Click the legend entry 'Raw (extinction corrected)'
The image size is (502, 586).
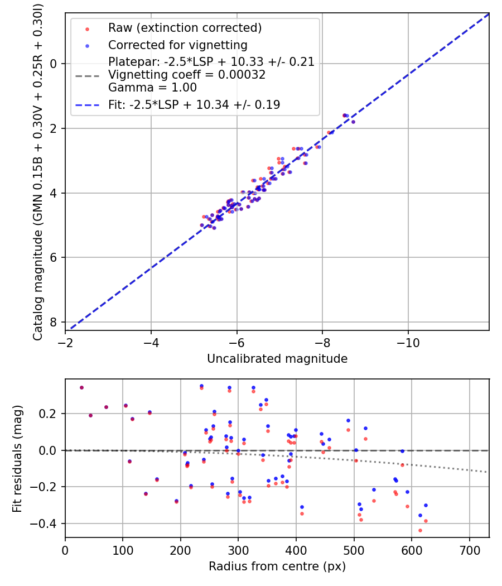pos(185,28)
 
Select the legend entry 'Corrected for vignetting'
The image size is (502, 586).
pos(177,45)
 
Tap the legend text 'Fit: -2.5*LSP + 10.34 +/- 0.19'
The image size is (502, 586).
pos(194,104)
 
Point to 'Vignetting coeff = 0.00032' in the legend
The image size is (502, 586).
pos(187,75)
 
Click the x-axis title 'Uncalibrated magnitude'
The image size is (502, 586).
pos(277,359)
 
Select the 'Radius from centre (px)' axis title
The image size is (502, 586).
pos(277,566)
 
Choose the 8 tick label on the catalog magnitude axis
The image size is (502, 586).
pos(53,322)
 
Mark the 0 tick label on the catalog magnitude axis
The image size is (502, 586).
pos(53,64)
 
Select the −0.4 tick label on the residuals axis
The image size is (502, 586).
pos(46,523)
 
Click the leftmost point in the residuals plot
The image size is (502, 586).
pos(81,387)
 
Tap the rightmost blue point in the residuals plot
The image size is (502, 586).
pos(426,505)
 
